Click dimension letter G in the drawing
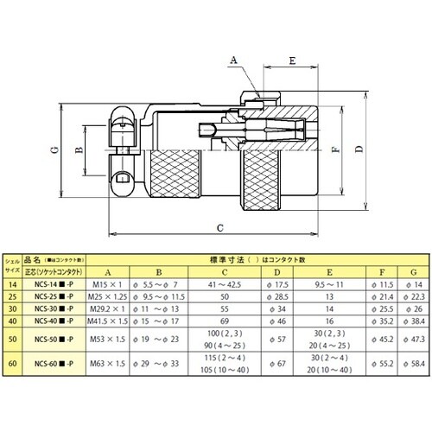point(54,149)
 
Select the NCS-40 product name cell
point(58,320)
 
